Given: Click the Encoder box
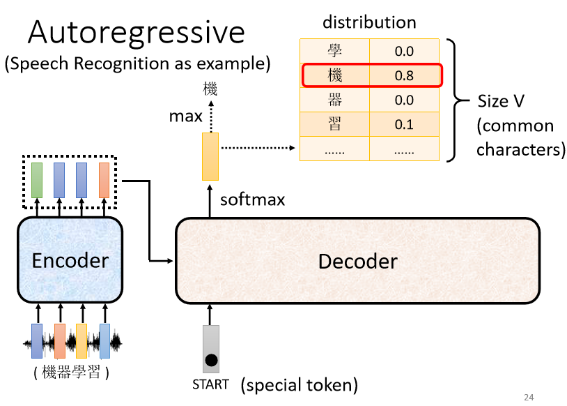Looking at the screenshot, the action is click(x=70, y=260).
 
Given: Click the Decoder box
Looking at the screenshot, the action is click(x=357, y=261).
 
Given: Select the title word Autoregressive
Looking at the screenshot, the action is click(x=137, y=33).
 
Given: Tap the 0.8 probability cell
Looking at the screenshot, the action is click(x=404, y=75).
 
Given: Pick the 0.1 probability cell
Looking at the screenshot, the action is click(x=404, y=124).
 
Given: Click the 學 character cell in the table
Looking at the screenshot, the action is click(x=334, y=51).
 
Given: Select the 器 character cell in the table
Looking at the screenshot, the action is click(x=334, y=100).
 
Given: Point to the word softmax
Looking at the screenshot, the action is click(x=252, y=200).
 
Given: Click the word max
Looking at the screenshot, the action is click(x=185, y=116).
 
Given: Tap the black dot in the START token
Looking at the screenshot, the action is click(x=211, y=360).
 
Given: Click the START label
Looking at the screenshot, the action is click(x=210, y=384).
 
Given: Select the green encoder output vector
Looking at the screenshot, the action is click(x=37, y=180).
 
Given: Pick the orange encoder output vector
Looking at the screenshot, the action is click(x=104, y=180).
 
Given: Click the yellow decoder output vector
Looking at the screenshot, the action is click(x=210, y=156).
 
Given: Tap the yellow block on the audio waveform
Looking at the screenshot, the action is click(x=81, y=341).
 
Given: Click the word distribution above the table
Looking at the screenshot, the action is click(x=369, y=22).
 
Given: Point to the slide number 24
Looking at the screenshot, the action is click(x=529, y=398).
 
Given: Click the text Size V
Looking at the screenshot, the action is click(x=500, y=101).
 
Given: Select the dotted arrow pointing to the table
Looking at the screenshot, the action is click(x=258, y=148).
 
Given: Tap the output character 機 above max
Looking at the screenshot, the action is click(x=210, y=89).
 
